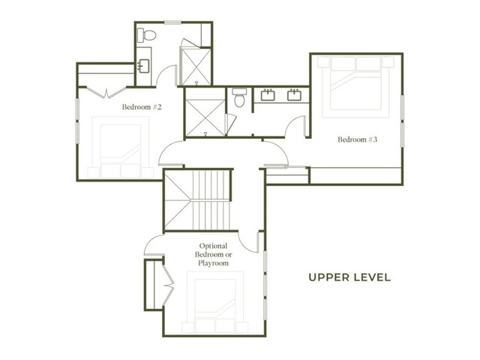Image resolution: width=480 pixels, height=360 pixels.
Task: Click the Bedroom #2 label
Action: tap(142, 106)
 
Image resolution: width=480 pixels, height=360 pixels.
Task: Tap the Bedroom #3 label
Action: tap(358, 139)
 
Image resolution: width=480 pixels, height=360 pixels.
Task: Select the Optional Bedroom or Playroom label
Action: tap(213, 254)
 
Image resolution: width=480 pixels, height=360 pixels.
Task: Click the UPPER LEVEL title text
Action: tap(349, 277)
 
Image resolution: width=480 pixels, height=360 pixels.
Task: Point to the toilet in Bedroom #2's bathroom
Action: tap(146, 35)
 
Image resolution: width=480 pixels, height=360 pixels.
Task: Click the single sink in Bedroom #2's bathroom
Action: tap(143, 66)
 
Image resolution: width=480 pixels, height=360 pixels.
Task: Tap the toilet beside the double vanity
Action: tap(239, 97)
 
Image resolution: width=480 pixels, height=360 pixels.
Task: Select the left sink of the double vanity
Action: tap(268, 95)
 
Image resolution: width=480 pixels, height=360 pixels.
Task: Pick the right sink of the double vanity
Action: tap(295, 95)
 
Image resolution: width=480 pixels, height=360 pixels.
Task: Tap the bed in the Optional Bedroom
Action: tap(215, 301)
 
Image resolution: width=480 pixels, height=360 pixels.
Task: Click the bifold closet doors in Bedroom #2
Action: tap(106, 92)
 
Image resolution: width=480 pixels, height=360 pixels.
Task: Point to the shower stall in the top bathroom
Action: tap(196, 67)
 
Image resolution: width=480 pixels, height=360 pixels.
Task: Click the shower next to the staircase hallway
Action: tap(205, 118)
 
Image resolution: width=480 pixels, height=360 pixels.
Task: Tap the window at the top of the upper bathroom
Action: tap(172, 22)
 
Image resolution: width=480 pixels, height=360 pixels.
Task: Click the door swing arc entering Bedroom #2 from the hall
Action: tap(170, 151)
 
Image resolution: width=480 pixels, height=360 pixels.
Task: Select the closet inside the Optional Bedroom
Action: tap(153, 285)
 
